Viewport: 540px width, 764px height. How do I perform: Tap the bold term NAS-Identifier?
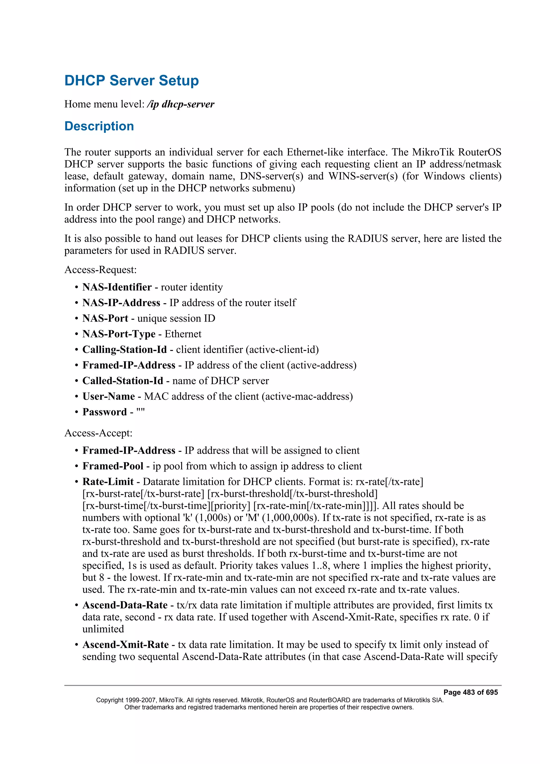point(117,287)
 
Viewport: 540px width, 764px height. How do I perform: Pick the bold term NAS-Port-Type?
point(119,334)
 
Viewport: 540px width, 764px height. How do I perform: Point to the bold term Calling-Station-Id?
point(124,350)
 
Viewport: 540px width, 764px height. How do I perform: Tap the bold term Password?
point(104,412)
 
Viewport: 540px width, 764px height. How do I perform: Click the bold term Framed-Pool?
point(113,466)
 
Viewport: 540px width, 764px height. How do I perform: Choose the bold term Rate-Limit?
point(108,482)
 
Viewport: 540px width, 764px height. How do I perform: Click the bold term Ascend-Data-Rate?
point(125,605)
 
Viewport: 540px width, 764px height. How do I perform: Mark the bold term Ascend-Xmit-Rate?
point(126,645)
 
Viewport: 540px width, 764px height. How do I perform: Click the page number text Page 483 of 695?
point(470,693)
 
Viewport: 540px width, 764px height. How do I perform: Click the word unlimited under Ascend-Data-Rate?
point(103,629)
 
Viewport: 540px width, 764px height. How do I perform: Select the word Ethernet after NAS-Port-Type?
point(183,334)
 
